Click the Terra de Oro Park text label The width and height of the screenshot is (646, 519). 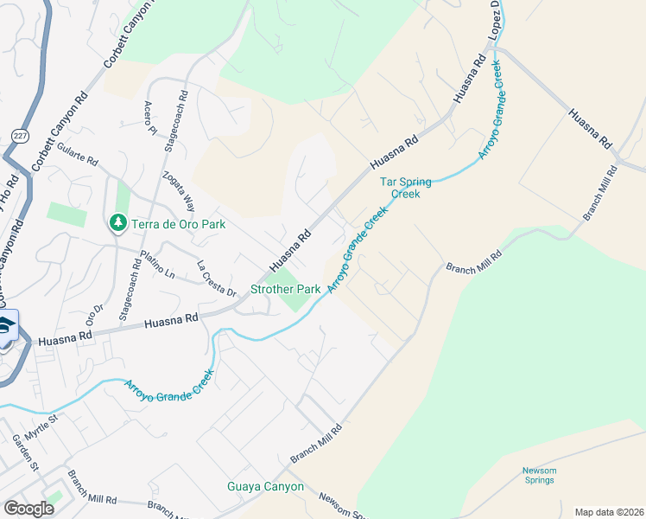[178, 224]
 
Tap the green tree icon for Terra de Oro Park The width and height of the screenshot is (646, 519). [117, 223]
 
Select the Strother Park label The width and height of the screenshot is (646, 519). [285, 289]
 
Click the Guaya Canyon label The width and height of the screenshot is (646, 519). [265, 486]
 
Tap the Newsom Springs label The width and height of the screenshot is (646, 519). [539, 476]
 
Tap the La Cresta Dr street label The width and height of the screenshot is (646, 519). [216, 279]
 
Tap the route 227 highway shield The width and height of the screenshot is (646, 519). [19, 135]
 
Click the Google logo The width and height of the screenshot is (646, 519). [28, 508]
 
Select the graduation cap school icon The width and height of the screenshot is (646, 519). [5, 327]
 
